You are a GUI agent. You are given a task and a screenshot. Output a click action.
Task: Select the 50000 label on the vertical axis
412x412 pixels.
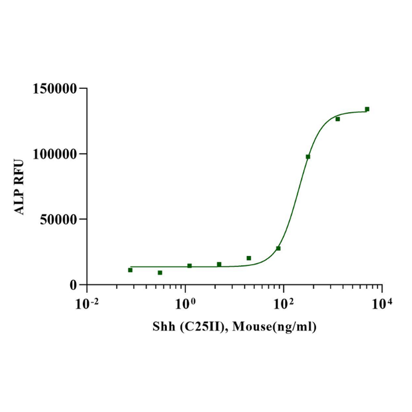[60, 219]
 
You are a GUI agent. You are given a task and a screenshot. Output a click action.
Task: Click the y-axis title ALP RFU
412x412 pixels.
[20, 187]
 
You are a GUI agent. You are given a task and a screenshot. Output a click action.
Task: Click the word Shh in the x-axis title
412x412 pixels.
[163, 328]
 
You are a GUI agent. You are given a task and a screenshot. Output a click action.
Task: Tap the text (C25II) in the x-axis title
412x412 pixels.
[203, 328]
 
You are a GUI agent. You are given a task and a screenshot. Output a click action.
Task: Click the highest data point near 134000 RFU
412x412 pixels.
[367, 109]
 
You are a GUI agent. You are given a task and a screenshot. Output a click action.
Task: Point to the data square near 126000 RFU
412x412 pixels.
[337, 119]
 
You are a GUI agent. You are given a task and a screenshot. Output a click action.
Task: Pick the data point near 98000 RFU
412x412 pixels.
[308, 157]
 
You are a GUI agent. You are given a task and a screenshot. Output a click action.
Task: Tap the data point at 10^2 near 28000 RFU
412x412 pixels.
[278, 248]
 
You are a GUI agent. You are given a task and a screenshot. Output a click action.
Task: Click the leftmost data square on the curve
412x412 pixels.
[130, 270]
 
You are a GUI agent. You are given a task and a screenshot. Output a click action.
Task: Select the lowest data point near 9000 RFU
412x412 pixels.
[160, 273]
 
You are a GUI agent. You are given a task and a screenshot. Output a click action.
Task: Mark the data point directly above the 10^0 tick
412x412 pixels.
[189, 266]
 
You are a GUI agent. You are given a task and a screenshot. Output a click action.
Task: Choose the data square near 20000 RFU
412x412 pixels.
[249, 258]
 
